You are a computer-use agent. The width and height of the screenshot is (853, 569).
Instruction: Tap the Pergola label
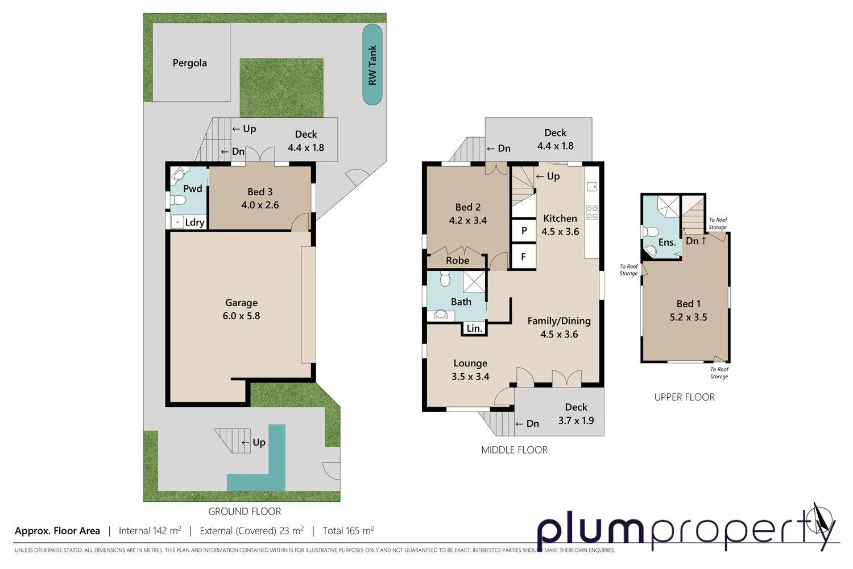point(189,63)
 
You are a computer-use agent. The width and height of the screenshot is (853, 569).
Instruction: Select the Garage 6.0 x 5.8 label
point(241,310)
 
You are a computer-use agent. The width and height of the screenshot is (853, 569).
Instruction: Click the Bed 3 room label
point(260,199)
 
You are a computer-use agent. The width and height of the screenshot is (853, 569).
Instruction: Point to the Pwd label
point(193,189)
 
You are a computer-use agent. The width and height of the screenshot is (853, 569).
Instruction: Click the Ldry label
point(194,222)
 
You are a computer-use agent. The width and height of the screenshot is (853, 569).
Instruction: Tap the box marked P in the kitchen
point(524,230)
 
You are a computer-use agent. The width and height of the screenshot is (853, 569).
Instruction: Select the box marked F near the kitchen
point(524,257)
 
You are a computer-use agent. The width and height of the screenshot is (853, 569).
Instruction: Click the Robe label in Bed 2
point(457,261)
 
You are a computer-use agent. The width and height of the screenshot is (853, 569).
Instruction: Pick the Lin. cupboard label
point(474,328)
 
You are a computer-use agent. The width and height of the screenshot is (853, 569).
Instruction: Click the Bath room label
point(461,302)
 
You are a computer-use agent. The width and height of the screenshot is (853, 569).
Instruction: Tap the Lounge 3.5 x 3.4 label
point(470,370)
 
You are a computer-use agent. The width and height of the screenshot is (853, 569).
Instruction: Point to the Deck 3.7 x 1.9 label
point(576,414)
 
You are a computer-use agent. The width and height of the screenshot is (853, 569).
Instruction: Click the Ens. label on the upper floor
point(666,242)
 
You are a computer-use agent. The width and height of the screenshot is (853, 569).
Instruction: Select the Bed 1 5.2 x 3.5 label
point(688,311)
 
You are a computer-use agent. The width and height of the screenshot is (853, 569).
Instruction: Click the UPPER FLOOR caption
point(684,397)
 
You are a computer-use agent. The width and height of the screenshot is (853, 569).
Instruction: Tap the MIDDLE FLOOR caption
point(514,450)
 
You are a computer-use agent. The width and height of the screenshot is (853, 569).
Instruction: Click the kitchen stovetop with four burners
point(592,212)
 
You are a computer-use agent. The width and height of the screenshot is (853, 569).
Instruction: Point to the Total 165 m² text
point(348,531)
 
